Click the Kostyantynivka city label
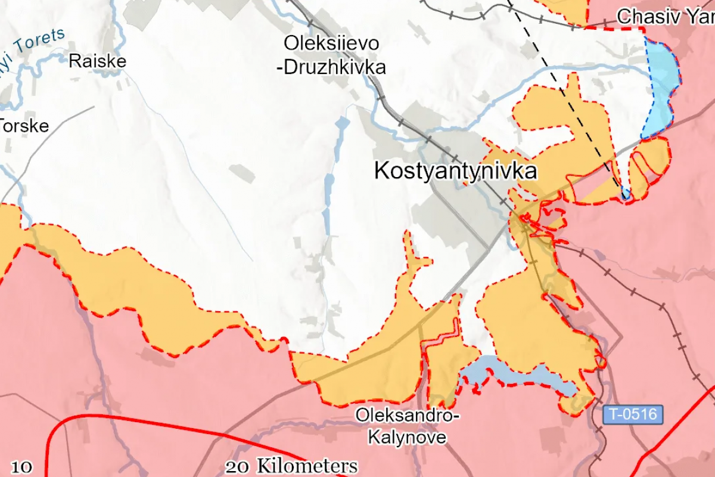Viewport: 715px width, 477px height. pyautogui.click(x=455, y=172)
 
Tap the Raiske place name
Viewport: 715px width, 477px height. pyautogui.click(x=98, y=61)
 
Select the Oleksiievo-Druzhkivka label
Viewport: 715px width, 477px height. pyautogui.click(x=331, y=55)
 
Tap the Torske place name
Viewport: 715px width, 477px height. pyautogui.click(x=24, y=126)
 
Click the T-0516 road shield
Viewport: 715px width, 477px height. pyautogui.click(x=633, y=414)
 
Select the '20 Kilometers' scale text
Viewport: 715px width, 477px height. pyautogui.click(x=291, y=466)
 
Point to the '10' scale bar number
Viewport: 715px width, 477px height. pyautogui.click(x=21, y=467)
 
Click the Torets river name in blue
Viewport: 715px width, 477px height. pyautogui.click(x=37, y=42)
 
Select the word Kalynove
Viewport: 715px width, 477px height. pyautogui.click(x=407, y=437)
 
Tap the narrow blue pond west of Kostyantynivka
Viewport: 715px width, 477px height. pyautogui.click(x=327, y=203)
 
